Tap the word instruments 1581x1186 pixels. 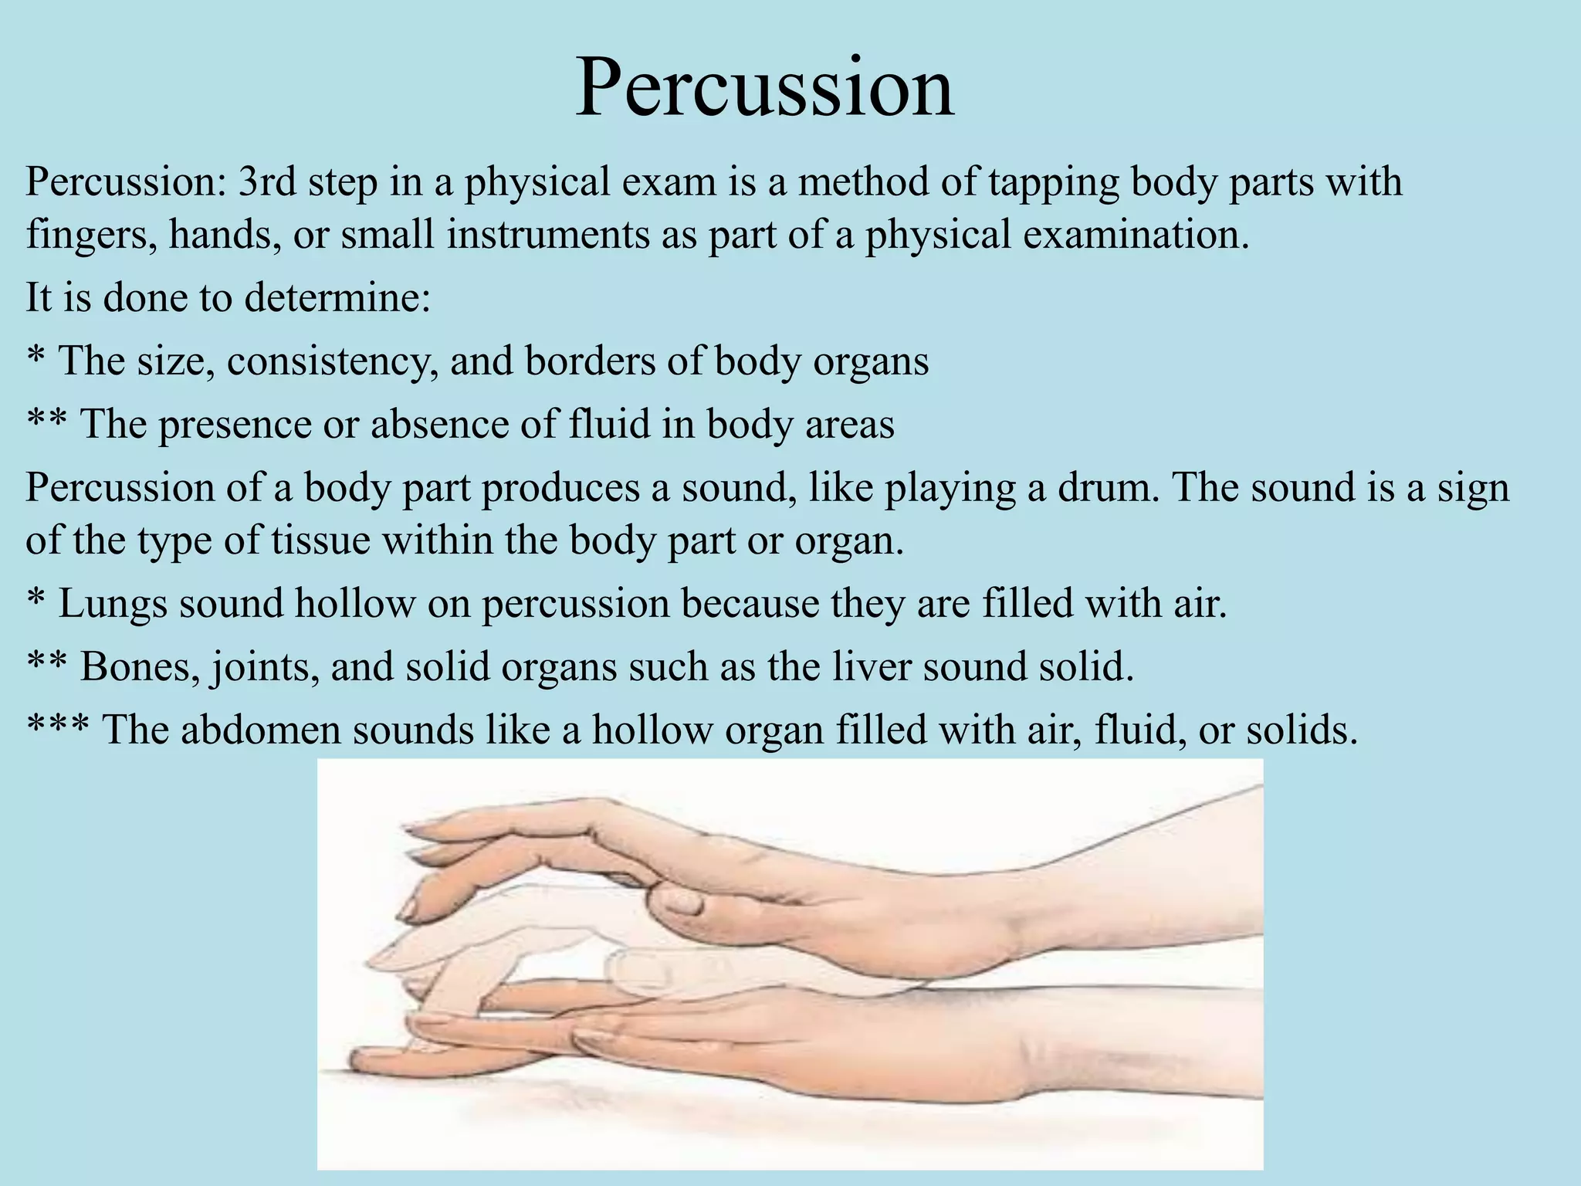point(547,235)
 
